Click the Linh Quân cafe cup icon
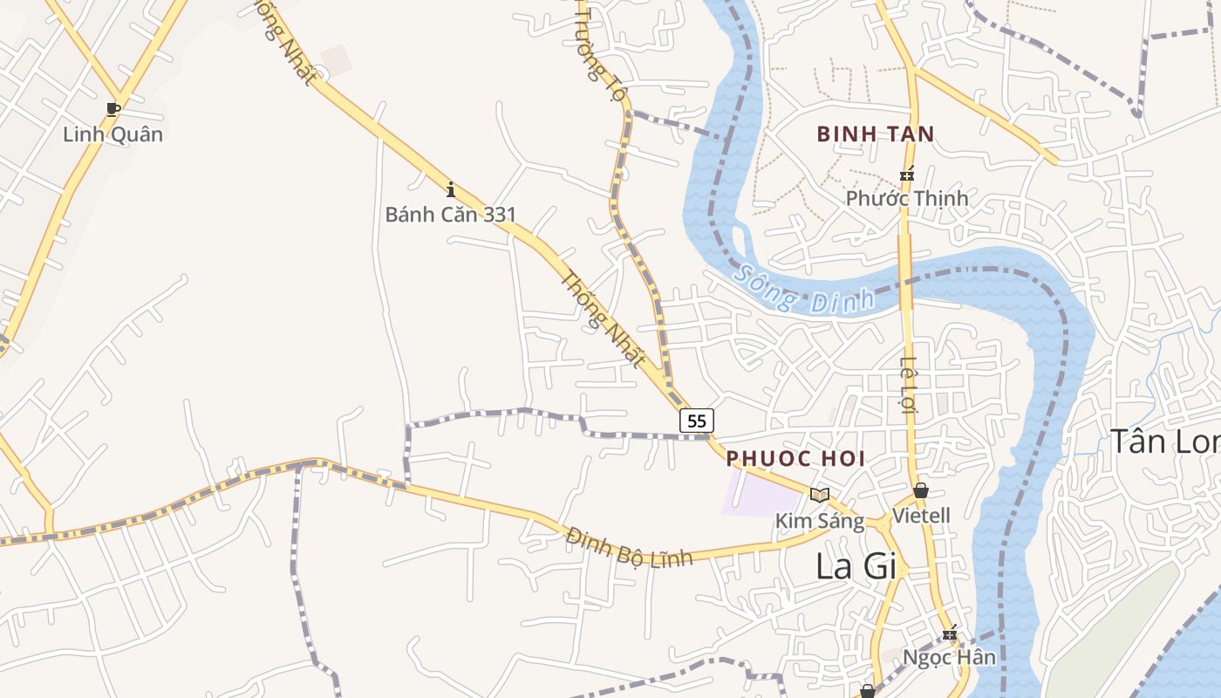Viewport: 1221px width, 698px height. click(x=113, y=109)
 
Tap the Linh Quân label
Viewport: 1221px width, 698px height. click(x=113, y=134)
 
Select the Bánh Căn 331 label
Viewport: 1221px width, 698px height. click(x=451, y=214)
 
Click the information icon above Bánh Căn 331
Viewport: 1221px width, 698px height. click(x=451, y=188)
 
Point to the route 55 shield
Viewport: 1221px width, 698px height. click(x=696, y=421)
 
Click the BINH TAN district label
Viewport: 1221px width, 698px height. click(x=875, y=134)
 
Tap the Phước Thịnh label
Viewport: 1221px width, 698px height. click(x=907, y=198)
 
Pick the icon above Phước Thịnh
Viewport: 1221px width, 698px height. click(x=907, y=174)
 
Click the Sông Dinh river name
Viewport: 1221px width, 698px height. click(x=803, y=291)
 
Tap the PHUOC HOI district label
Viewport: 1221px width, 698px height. click(x=795, y=458)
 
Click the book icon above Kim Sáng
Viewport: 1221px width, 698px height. click(x=819, y=495)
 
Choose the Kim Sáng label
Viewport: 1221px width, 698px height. click(x=820, y=522)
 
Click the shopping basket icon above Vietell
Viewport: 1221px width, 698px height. click(x=921, y=490)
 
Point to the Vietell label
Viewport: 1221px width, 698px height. click(x=921, y=516)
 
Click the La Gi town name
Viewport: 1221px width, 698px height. click(x=856, y=566)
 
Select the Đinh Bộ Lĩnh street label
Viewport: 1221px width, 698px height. click(x=629, y=547)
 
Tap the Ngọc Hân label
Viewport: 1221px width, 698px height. click(x=949, y=657)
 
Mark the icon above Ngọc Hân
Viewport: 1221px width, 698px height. click(x=950, y=633)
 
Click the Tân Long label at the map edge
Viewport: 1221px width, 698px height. click(x=1164, y=441)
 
